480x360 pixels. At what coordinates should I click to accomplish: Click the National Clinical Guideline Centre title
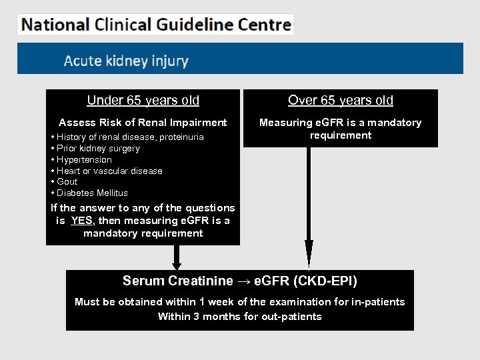[x=156, y=25]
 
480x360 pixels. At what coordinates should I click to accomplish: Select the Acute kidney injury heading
[x=126, y=61]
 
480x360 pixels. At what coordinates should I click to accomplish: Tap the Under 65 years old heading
[x=143, y=100]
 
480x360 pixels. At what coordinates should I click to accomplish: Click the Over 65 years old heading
[x=340, y=100]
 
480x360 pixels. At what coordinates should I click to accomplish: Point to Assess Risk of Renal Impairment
[x=143, y=123]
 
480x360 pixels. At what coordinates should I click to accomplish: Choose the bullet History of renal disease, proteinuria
[x=130, y=137]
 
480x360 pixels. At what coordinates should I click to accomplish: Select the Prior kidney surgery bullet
[x=98, y=149]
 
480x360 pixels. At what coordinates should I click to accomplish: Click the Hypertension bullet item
[x=84, y=160]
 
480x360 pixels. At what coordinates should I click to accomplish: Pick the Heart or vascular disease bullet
[x=109, y=171]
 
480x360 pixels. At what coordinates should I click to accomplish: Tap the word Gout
[x=67, y=181]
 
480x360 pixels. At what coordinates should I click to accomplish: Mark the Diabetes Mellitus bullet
[x=92, y=193]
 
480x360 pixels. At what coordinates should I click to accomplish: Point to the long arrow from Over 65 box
[x=308, y=207]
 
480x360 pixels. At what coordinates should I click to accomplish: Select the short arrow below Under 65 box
[x=177, y=257]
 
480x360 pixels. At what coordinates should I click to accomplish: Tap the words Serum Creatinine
[x=178, y=281]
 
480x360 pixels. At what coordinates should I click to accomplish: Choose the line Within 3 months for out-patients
[x=239, y=317]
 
